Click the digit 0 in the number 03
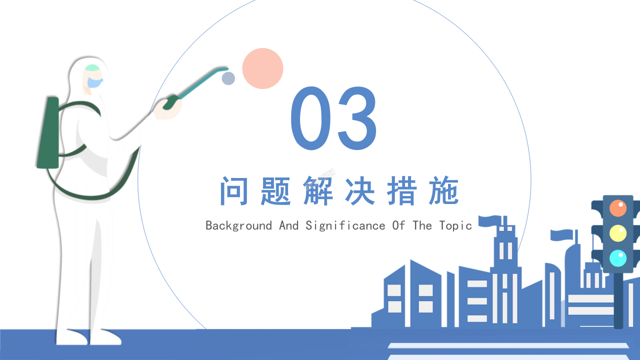(311, 118)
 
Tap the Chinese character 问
(234, 191)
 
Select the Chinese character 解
(318, 191)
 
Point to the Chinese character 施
(443, 191)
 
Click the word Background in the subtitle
(238, 226)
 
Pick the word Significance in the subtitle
(345, 226)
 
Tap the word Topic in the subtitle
(455, 226)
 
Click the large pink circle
(262, 68)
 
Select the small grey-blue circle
(228, 78)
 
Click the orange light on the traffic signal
(618, 208)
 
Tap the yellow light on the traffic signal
(618, 233)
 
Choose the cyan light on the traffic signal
(618, 258)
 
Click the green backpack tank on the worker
(48, 132)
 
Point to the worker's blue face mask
(94, 83)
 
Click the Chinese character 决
(360, 191)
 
